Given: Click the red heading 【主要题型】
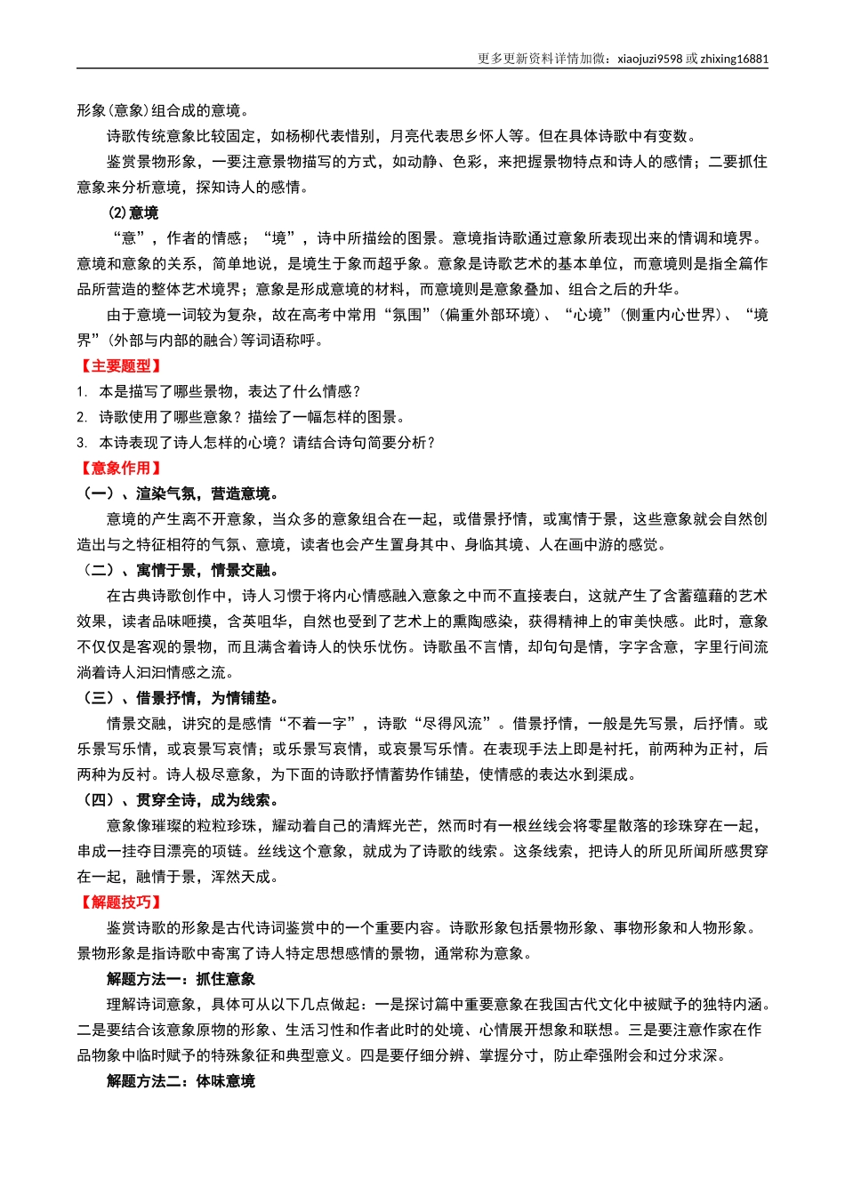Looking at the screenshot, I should pyautogui.click(x=120, y=366).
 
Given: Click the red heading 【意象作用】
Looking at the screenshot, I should pyautogui.click(x=120, y=469).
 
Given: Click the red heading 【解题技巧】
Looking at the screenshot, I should pyautogui.click(x=120, y=902).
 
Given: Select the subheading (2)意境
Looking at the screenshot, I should pyautogui.click(x=133, y=213).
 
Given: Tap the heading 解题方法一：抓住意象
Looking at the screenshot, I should pyautogui.click(x=181, y=979).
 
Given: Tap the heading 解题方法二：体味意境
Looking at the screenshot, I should pyautogui.click(x=181, y=1081).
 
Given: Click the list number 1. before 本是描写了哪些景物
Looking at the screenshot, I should pyautogui.click(x=81, y=392).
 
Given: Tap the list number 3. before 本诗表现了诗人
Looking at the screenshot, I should pyautogui.click(x=81, y=443).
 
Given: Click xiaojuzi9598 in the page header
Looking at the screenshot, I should pyautogui.click(x=649, y=60).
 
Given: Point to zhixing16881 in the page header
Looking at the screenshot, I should pyautogui.click(x=735, y=60).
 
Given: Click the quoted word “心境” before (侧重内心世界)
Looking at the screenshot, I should pyautogui.click(x=588, y=316).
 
